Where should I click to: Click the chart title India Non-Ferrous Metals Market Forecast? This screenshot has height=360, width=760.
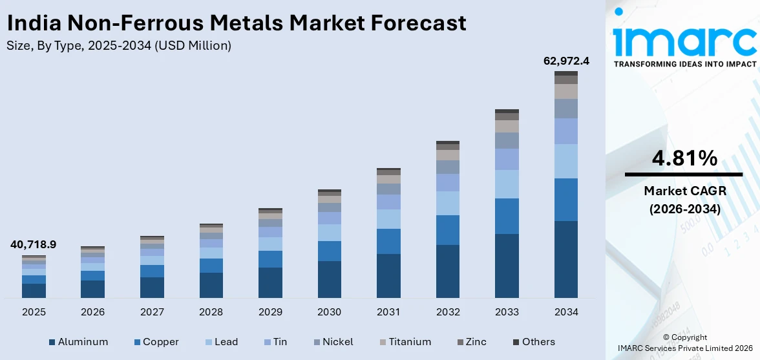tap(237, 23)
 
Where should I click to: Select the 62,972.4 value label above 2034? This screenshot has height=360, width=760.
tap(565, 61)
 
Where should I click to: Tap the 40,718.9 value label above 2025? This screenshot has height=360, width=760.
tap(33, 244)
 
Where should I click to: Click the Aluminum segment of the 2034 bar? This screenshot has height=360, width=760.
tap(565, 259)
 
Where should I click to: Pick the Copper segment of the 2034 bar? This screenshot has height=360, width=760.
tap(565, 200)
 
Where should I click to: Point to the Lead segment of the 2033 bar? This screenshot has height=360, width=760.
tap(507, 184)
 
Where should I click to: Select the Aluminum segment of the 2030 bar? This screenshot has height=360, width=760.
tap(329, 279)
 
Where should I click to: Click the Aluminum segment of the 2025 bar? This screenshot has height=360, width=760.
tap(34, 291)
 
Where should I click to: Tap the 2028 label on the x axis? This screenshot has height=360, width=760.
tap(211, 312)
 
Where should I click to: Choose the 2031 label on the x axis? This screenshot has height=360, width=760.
tap(388, 312)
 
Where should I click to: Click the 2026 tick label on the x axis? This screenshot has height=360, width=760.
tap(92, 312)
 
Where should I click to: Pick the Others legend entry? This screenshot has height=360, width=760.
tap(534, 342)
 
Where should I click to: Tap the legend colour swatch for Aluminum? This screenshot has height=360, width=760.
tap(52, 342)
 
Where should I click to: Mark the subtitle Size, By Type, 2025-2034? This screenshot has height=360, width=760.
tap(119, 45)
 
